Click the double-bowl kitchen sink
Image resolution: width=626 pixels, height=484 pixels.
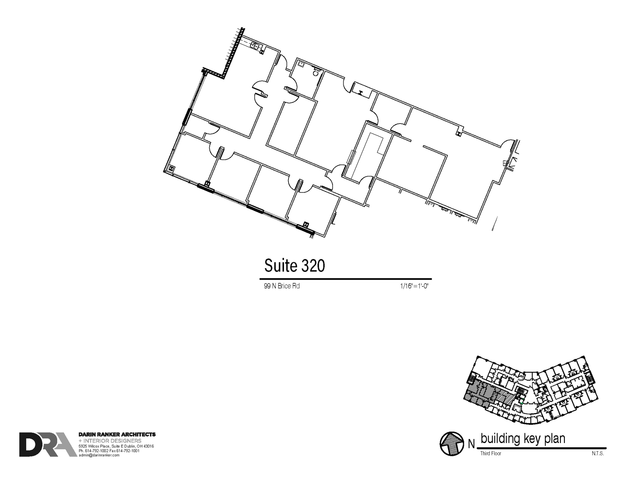(255, 46)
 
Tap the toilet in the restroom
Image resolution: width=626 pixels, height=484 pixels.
(316, 73)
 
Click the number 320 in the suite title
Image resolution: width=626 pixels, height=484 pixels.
(313, 265)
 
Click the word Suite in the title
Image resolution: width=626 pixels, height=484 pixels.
(281, 265)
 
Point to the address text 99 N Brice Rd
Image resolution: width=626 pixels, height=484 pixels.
(282, 286)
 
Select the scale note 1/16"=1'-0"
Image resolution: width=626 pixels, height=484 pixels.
(414, 286)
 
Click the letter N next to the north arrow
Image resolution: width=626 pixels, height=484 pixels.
(471, 444)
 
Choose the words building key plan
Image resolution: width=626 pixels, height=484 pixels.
(523, 438)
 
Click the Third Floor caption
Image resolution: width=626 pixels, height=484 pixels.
(491, 453)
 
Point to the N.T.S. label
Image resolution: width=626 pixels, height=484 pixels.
(598, 453)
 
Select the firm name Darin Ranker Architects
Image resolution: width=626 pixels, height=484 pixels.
(117, 434)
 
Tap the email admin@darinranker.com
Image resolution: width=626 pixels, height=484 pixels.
(99, 455)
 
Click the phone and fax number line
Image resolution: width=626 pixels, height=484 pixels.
(109, 451)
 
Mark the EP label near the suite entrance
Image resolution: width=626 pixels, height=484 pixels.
(505, 164)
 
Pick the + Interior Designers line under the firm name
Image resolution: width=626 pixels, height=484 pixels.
(110, 441)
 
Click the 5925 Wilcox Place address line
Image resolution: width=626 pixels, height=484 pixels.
(116, 446)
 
